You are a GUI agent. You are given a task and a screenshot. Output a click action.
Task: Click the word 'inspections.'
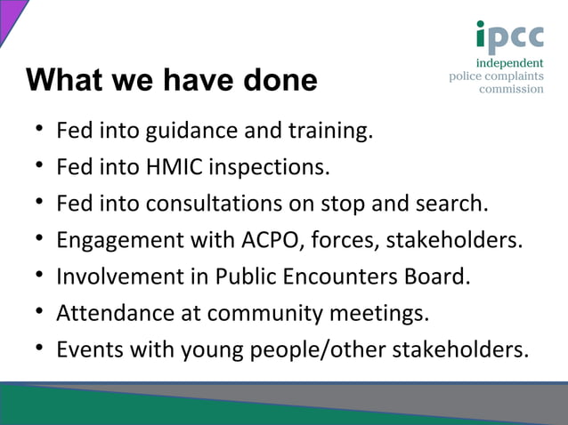272,167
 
